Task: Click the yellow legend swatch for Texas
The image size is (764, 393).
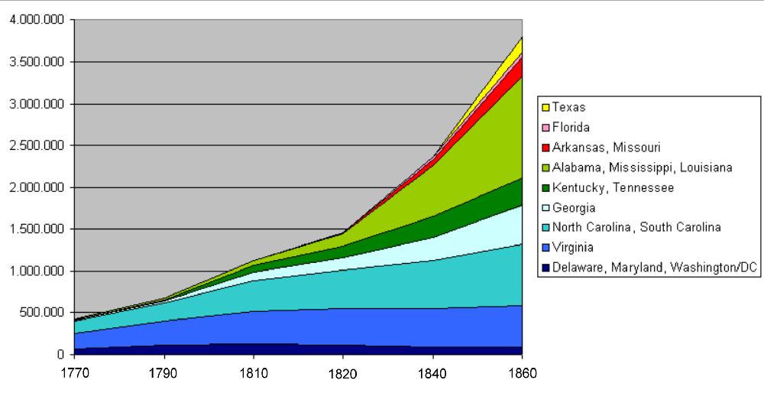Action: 545,108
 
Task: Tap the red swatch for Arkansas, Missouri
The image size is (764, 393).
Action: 545,148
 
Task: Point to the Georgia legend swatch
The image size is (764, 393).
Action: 545,207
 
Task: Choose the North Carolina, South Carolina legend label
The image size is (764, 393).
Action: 636,227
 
